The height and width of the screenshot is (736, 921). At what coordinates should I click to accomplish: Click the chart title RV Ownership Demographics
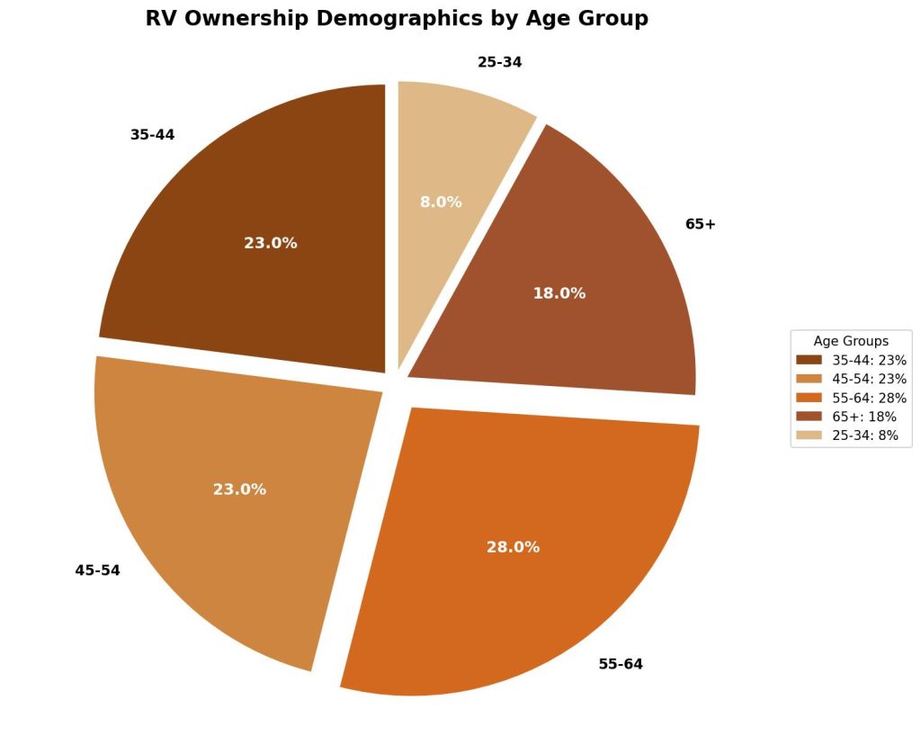397,20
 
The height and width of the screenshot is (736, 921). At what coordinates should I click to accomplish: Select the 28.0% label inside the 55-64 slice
513,547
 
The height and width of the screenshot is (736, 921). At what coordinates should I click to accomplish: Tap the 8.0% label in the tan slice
441,202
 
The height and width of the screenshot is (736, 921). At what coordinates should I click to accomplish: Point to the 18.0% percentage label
559,293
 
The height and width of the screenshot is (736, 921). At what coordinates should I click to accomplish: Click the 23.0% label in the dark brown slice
270,243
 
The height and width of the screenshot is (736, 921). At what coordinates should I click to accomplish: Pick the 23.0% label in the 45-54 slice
239,489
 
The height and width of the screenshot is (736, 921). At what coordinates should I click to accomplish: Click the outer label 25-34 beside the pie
499,63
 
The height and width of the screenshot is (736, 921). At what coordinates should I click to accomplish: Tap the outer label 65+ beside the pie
701,224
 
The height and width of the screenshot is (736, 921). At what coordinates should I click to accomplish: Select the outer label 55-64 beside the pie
621,665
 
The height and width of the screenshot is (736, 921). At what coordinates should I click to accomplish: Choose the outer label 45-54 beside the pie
97,570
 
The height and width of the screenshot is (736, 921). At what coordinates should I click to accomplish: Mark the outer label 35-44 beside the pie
152,135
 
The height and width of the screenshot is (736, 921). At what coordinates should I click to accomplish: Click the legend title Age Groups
851,341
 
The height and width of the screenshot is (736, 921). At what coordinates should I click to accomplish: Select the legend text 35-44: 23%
869,360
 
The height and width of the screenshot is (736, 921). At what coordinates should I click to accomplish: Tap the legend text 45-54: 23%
869,379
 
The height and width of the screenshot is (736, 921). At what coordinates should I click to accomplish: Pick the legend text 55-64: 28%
869,398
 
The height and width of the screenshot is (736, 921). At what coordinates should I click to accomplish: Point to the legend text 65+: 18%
864,417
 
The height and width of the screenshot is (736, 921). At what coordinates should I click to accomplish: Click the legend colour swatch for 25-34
809,435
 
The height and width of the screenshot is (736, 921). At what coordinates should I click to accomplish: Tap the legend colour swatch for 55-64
809,398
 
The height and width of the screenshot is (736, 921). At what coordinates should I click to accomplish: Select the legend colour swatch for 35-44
809,360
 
